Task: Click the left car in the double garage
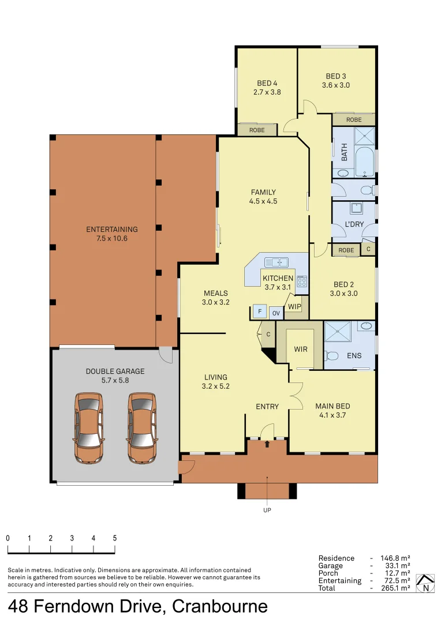coord(89,428)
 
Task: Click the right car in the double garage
coord(142,428)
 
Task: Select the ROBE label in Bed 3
coord(354,119)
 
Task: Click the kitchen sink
coord(276,262)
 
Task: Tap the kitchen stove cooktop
coord(301,282)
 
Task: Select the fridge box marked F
coord(260,312)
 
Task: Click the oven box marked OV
coord(276,313)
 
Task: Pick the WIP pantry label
coord(294,306)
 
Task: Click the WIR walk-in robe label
coord(300,349)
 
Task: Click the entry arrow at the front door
coord(267,444)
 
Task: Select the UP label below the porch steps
coord(267,510)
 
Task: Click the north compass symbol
coord(426,584)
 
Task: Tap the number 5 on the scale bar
coord(115,538)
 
